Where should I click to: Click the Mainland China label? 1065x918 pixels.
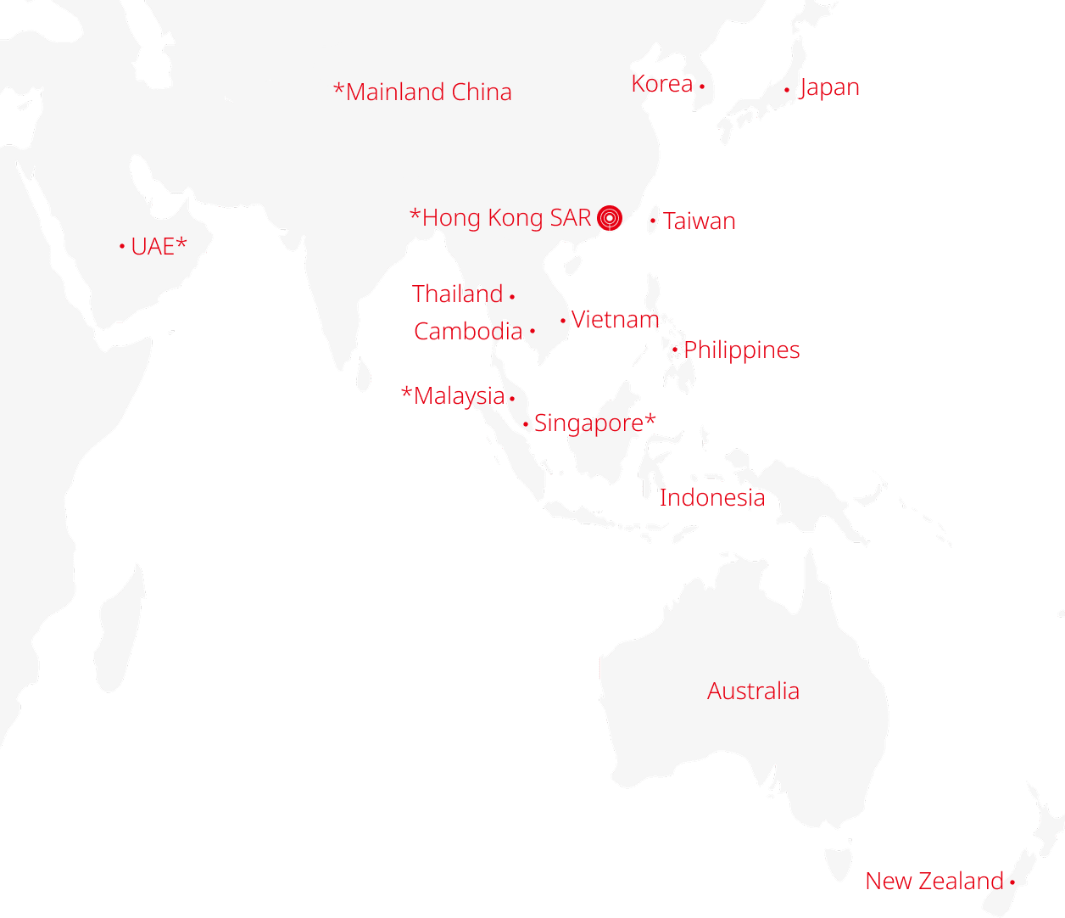click(x=422, y=92)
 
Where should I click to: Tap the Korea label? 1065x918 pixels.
click(x=662, y=84)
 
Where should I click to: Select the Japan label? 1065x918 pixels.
click(x=829, y=87)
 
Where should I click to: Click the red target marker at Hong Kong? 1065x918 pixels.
click(x=609, y=218)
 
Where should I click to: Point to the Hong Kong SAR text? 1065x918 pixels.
click(x=500, y=218)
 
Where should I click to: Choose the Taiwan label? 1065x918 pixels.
click(x=700, y=221)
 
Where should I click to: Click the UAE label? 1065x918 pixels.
click(x=159, y=246)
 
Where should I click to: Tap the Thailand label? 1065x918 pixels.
click(x=458, y=294)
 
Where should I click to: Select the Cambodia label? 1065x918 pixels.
click(x=468, y=331)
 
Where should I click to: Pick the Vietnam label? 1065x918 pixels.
click(x=615, y=320)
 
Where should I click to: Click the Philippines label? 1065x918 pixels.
click(x=742, y=350)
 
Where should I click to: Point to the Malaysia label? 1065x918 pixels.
click(x=453, y=395)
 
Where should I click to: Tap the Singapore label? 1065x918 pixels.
click(x=594, y=423)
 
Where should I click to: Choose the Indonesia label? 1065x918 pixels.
click(x=712, y=497)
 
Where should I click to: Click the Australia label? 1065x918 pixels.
click(x=753, y=691)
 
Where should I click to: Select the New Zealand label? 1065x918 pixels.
click(x=934, y=881)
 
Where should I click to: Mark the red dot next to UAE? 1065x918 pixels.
click(x=122, y=247)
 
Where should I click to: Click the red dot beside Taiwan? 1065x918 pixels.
click(x=652, y=221)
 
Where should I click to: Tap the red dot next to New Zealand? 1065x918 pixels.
click(x=1012, y=882)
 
